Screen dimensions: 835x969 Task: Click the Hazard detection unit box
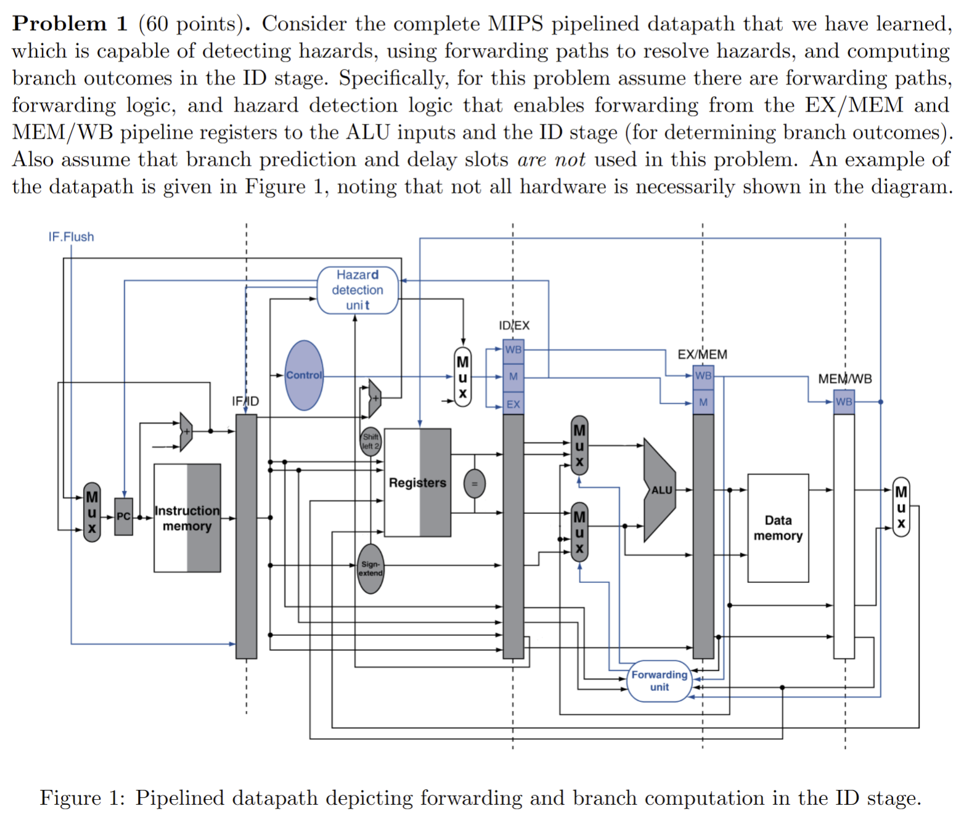pyautogui.click(x=358, y=290)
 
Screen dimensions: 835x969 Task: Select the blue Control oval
pyautogui.click(x=304, y=375)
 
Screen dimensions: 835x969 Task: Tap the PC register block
pyautogui.click(x=123, y=516)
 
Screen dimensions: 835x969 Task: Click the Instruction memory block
pyautogui.click(x=187, y=518)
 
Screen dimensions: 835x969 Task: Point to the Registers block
pyautogui.click(x=417, y=483)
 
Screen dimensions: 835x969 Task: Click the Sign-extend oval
pyautogui.click(x=370, y=569)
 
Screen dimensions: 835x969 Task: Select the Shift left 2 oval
pyautogui.click(x=370, y=442)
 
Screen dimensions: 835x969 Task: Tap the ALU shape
pyautogui.click(x=659, y=490)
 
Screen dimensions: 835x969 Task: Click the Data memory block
pyautogui.click(x=778, y=528)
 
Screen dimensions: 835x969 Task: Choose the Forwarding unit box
pyautogui.click(x=659, y=681)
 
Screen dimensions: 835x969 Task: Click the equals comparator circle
pyautogui.click(x=474, y=484)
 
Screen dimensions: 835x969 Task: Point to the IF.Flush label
pyautogui.click(x=71, y=237)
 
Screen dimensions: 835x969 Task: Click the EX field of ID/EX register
pyautogui.click(x=513, y=404)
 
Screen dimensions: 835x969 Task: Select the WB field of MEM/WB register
pyautogui.click(x=844, y=402)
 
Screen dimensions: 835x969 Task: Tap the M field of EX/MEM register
pyautogui.click(x=703, y=402)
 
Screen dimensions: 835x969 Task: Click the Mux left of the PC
pyautogui.click(x=92, y=512)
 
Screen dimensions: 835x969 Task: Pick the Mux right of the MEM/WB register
pyautogui.click(x=901, y=507)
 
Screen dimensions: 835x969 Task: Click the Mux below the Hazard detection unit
pyautogui.click(x=462, y=377)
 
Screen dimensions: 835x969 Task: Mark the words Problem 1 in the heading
pyautogui.click(x=70, y=23)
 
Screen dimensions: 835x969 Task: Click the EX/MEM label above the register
pyautogui.click(x=702, y=354)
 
